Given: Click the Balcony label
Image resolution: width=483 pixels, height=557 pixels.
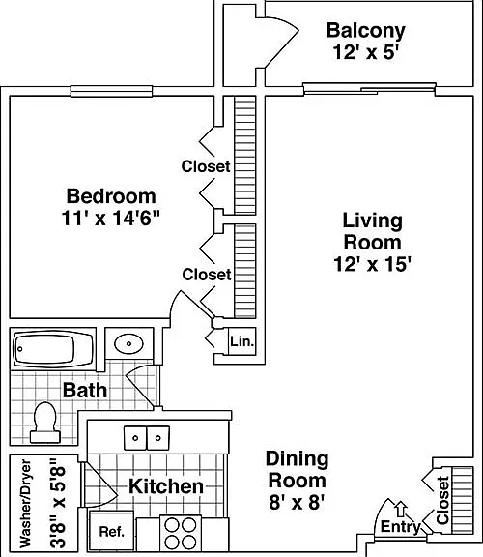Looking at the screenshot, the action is coord(365,31).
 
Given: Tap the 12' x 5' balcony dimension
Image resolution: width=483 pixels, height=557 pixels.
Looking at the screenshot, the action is coord(365,52).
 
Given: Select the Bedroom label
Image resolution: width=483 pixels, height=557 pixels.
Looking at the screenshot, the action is coord(111,196).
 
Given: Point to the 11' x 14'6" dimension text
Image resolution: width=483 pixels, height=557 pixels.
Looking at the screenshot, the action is coord(111,218).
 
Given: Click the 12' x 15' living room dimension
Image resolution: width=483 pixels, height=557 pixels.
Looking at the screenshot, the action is coord(372,264).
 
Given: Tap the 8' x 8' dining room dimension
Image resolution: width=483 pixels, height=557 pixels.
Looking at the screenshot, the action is coord(297,503).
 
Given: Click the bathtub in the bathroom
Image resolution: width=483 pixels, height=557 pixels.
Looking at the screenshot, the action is coord(53,349).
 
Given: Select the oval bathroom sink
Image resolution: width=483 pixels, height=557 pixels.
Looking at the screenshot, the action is coord(128,344).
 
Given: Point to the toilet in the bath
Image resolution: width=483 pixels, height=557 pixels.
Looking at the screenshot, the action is coord(45,423).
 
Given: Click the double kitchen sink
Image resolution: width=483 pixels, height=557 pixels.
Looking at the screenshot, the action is coord(147,438).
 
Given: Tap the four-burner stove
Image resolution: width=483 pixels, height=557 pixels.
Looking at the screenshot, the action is coord(181,533).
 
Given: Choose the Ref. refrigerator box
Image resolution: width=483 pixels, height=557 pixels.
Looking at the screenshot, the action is coord(111,532).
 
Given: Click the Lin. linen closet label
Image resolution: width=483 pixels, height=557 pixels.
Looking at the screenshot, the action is coord(242,341).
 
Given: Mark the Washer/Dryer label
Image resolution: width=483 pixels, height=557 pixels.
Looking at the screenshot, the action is coord(25,504).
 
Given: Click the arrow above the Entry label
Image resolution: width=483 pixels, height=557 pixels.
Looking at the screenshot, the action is coord(401,509).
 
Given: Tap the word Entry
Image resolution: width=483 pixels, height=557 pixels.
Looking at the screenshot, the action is coord(401,526).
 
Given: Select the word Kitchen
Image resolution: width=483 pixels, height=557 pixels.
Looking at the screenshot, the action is coord(166,486).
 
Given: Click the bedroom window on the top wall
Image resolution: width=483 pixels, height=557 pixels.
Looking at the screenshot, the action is coord(111,91).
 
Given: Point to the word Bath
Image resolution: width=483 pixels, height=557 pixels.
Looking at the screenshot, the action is coord(85,391).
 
